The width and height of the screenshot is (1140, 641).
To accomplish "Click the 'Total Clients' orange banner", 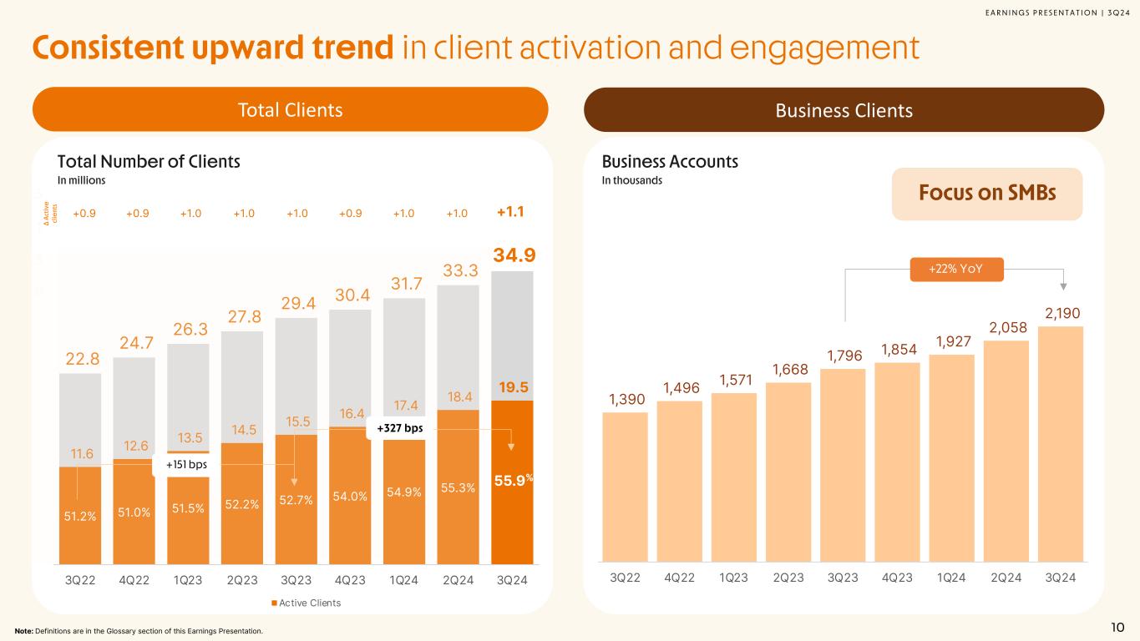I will click(290, 109).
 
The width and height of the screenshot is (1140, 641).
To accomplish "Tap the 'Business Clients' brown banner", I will click(844, 109).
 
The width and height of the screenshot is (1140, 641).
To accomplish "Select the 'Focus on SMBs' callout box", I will click(986, 194).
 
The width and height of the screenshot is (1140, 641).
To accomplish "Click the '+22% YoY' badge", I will click(955, 269).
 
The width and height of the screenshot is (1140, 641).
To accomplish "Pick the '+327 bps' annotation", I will click(400, 428).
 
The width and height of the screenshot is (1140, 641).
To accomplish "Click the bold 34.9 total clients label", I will click(512, 254).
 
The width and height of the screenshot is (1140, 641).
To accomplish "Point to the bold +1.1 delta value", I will click(510, 213).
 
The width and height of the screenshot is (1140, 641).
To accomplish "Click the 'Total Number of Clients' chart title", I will click(149, 162).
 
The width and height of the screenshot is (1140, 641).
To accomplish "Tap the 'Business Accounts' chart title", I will click(670, 162).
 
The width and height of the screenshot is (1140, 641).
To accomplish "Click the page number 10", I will click(1117, 628).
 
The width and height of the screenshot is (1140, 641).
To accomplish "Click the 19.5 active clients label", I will click(512, 387).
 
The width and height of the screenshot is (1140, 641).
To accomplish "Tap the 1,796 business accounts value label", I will click(844, 356).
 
